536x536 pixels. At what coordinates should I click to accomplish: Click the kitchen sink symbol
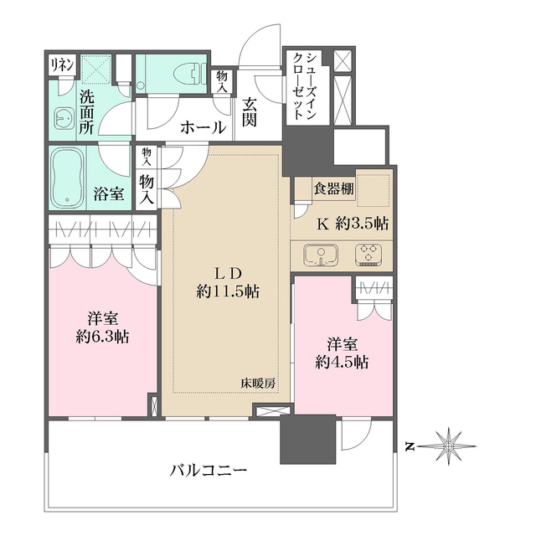click(x=319, y=254)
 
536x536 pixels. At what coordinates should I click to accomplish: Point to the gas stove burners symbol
click(x=368, y=254)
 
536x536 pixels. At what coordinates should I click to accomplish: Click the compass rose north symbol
click(x=450, y=444)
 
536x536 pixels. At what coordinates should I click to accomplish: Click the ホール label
click(x=203, y=128)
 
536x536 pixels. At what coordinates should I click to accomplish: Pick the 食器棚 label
click(x=334, y=189)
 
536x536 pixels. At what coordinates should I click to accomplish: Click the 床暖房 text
click(x=260, y=383)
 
